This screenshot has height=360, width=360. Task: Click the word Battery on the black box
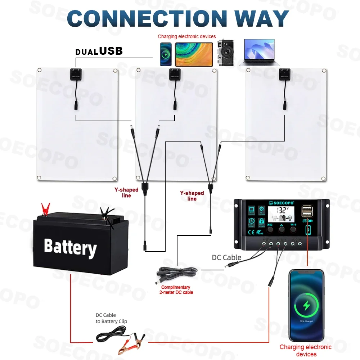[70, 248]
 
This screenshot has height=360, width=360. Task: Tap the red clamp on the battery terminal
[46, 208]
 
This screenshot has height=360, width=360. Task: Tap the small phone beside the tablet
[166, 54]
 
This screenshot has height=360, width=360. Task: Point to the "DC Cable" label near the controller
[226, 257]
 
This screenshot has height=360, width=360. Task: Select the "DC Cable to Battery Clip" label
[111, 318]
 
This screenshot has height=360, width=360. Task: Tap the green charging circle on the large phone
[307, 306]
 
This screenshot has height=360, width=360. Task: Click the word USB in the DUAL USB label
[111, 51]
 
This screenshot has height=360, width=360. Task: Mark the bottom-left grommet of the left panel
[40, 177]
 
